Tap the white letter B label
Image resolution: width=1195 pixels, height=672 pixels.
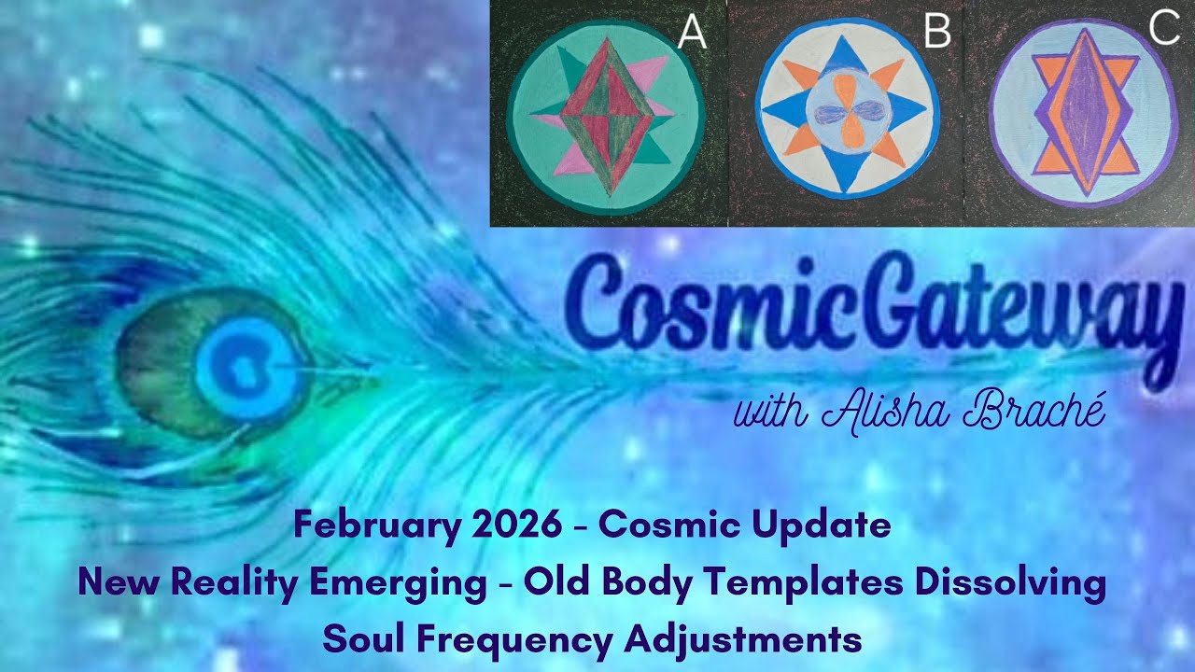[x=936, y=33]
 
